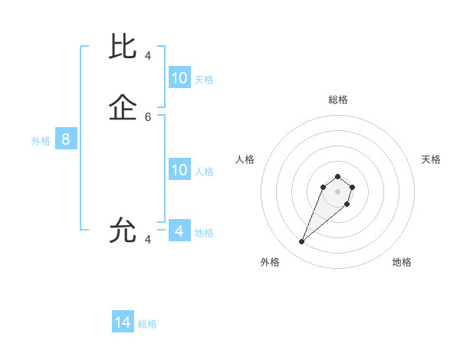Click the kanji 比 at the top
(x=123, y=46)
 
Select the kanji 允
(x=123, y=230)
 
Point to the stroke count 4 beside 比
(x=148, y=55)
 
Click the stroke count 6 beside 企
(x=148, y=117)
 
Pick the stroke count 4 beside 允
(x=148, y=240)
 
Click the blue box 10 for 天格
(x=179, y=78)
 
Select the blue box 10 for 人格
(x=179, y=170)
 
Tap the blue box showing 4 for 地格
(x=179, y=231)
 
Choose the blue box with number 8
(x=66, y=139)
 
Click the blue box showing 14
(x=123, y=322)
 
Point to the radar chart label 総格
(x=337, y=100)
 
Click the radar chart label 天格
(x=431, y=159)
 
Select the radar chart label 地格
(x=402, y=262)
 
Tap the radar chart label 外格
(x=270, y=262)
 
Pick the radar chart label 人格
(x=245, y=159)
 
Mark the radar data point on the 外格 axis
(x=301, y=242)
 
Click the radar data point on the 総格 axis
(x=337, y=175)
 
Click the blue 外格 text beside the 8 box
(x=41, y=141)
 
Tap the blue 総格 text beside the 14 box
(x=147, y=324)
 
